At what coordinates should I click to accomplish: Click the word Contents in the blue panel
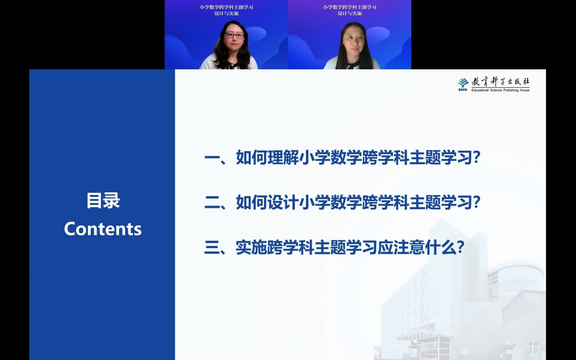tap(103, 229)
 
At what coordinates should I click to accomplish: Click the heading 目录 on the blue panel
tap(103, 201)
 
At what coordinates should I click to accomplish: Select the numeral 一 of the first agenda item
tap(212, 158)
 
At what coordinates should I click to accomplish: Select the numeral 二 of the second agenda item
tap(212, 202)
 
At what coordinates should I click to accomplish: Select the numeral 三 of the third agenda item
tap(212, 247)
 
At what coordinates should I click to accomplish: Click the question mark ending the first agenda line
tap(477, 158)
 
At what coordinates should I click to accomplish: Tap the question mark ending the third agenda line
tap(461, 247)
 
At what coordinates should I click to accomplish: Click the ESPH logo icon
tap(463, 84)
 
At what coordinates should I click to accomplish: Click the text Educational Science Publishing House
tap(500, 90)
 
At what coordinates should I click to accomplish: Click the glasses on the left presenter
tap(235, 35)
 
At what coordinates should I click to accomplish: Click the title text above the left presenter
tap(226, 10)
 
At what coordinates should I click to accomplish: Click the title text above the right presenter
tap(350, 10)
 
